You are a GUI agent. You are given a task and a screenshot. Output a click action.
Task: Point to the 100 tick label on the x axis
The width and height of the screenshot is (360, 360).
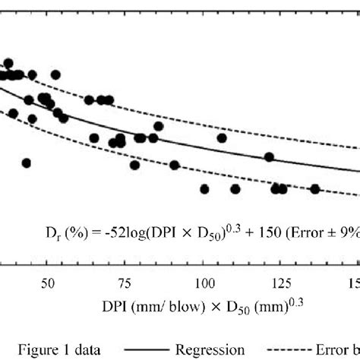tap(203, 283)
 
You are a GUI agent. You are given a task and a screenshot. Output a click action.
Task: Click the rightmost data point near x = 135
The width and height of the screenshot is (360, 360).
tap(314, 189)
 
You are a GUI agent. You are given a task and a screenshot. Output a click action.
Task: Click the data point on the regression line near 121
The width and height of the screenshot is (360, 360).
tap(269, 156)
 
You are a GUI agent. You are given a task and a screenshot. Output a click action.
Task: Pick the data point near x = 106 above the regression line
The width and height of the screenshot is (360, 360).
tap(222, 137)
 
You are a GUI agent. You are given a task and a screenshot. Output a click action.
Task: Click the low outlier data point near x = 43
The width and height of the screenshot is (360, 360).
tap(27, 163)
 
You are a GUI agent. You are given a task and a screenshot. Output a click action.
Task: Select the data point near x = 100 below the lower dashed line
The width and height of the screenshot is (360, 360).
tap(204, 188)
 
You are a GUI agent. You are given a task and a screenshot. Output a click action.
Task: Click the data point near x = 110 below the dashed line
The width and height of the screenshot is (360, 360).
tap(235, 188)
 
